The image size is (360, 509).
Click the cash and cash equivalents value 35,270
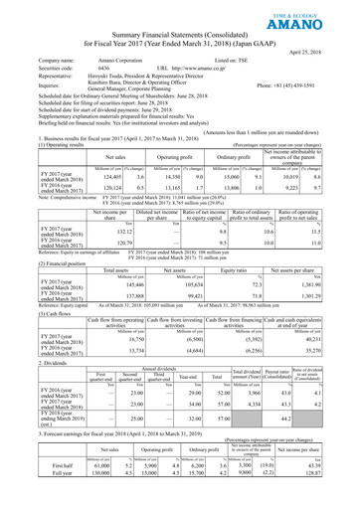click(x=328, y=378)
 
